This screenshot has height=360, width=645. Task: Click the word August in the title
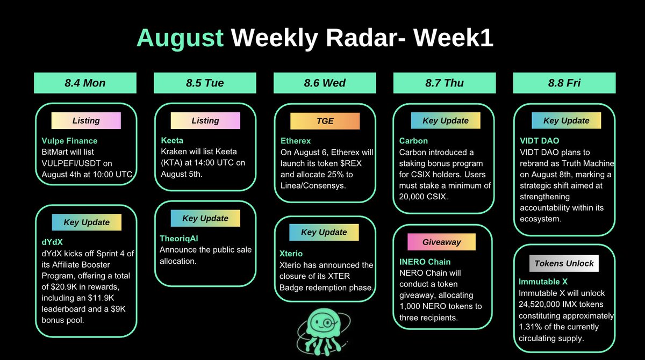tap(180, 39)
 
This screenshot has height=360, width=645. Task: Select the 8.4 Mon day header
tap(85, 83)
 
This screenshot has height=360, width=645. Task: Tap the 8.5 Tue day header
tap(205, 83)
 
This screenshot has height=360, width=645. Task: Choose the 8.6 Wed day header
tap(325, 83)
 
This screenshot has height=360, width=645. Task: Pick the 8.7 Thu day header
tap(445, 83)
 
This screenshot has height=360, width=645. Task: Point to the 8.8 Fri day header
tap(564, 83)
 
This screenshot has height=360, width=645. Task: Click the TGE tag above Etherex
tap(325, 121)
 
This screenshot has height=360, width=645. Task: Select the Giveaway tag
tap(441, 242)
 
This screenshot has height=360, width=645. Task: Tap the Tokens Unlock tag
tap(564, 263)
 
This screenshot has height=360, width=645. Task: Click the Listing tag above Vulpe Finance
tap(86, 120)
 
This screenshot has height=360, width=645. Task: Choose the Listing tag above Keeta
tap(205, 120)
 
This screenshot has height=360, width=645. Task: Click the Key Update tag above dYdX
tap(86, 222)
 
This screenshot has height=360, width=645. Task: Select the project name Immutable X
tap(543, 282)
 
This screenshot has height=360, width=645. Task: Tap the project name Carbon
tap(413, 141)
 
